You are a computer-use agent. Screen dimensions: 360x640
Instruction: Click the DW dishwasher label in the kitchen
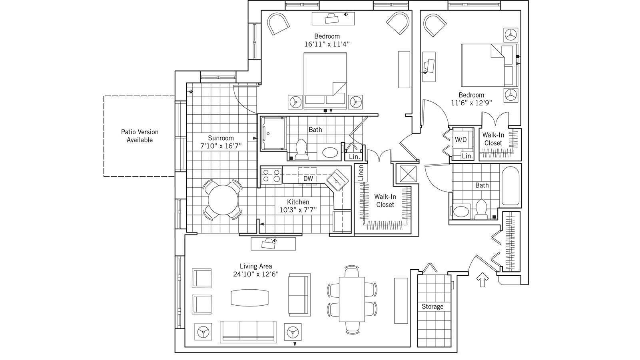(308, 179)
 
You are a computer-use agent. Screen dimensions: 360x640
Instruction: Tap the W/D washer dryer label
(461, 139)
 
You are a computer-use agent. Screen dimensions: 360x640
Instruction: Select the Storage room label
(433, 306)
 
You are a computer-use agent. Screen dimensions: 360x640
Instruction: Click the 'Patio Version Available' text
(140, 136)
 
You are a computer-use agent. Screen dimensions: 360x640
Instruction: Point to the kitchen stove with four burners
(271, 176)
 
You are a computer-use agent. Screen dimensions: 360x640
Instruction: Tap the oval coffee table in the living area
(250, 297)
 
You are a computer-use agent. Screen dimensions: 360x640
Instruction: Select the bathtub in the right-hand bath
(510, 187)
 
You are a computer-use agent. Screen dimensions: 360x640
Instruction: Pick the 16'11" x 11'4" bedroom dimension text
(327, 44)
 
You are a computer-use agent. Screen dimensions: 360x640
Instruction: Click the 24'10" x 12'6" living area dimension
(256, 274)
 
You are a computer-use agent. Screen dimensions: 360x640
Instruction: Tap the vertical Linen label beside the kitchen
(361, 173)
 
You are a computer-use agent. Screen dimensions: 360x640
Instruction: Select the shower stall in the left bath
(274, 133)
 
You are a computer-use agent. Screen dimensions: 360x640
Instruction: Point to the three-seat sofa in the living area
(249, 331)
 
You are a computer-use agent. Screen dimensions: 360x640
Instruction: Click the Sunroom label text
(221, 138)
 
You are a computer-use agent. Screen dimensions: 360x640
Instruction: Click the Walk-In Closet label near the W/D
(493, 139)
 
